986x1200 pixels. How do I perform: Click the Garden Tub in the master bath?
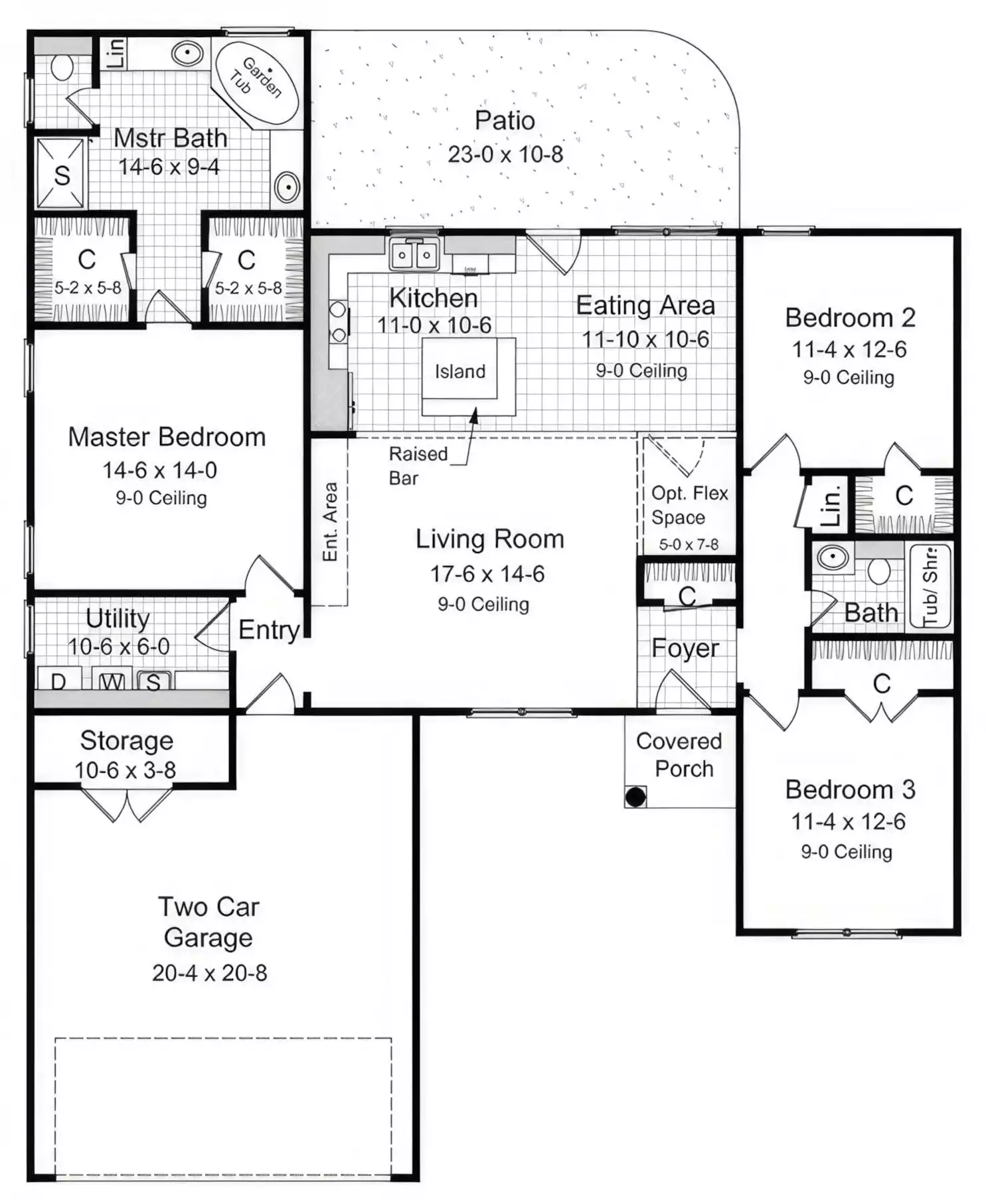pos(257,82)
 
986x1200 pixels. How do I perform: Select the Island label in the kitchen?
pos(460,371)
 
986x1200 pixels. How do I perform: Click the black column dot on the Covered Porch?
pos(635,796)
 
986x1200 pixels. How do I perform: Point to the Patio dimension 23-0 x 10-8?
pos(505,154)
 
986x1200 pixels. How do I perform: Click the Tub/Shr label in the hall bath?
pos(930,586)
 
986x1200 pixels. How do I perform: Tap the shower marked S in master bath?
pos(61,174)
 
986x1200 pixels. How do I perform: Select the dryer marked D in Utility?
pos(58,680)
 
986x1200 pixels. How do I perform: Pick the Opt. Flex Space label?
pos(689,505)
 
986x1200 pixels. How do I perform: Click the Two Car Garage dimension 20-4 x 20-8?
pos(209,973)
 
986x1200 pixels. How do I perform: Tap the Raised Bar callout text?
pos(418,466)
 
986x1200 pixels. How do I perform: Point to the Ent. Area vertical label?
pos(330,522)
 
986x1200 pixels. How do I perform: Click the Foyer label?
pos(685,648)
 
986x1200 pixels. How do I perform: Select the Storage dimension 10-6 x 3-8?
pos(125,770)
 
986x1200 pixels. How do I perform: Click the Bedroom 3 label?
pos(850,790)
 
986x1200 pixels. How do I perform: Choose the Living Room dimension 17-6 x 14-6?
pos(487,574)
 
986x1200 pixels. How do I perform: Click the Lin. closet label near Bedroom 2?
pos(831,506)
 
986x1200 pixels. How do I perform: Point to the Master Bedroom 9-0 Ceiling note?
pos(161,498)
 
